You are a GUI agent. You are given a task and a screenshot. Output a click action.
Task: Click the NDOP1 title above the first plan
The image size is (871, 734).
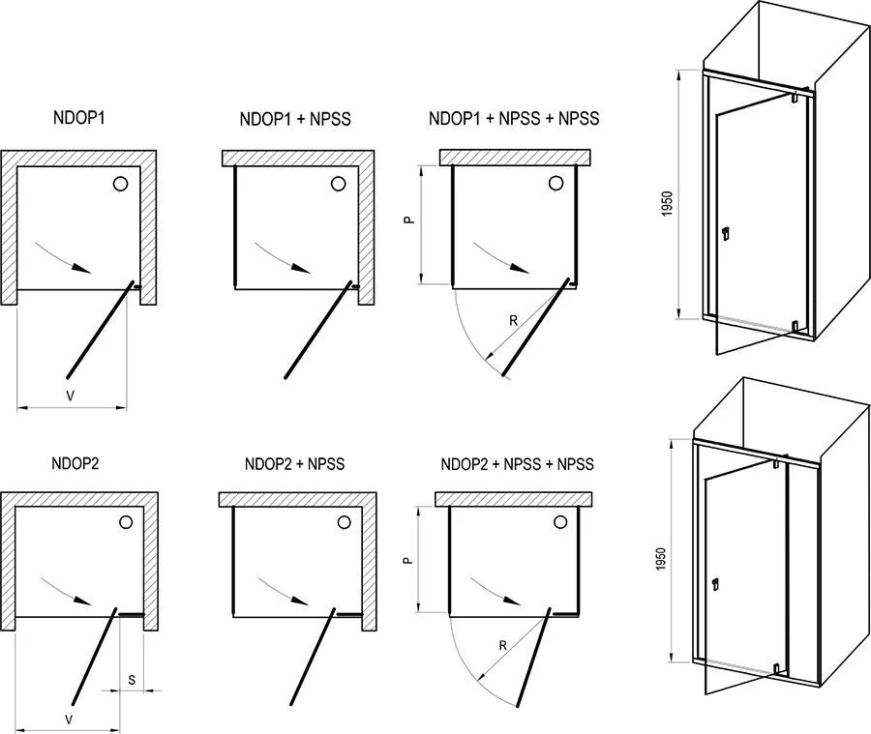[79, 118]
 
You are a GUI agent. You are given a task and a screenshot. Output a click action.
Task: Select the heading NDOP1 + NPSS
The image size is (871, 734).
[294, 120]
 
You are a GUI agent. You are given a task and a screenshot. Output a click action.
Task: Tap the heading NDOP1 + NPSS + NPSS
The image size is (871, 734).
[513, 119]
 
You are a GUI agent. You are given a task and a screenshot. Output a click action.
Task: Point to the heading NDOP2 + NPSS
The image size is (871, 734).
[294, 464]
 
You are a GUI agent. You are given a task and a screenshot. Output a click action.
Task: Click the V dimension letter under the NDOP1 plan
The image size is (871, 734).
[68, 396]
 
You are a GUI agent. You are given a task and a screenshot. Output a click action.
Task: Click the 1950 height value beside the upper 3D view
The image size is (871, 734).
[669, 204]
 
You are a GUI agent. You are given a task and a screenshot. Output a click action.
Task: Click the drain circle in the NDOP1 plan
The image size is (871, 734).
[121, 184]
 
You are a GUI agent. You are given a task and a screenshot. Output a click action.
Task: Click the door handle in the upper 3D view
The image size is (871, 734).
[727, 233]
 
